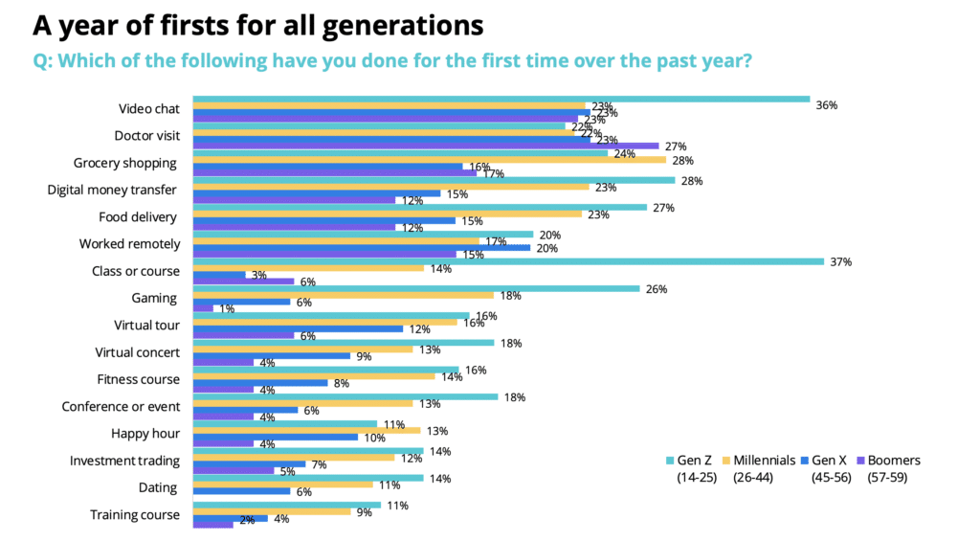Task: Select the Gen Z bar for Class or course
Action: (x=508, y=260)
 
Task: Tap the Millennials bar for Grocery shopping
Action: (x=430, y=160)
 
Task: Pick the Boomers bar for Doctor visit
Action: (x=426, y=147)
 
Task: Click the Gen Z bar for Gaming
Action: (x=416, y=287)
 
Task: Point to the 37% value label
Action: (x=841, y=262)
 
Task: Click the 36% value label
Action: (x=827, y=105)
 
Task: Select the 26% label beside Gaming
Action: (x=657, y=289)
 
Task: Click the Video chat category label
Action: (x=148, y=109)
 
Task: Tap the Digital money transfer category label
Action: (x=113, y=190)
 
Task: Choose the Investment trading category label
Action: (x=124, y=461)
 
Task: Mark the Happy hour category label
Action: (x=145, y=434)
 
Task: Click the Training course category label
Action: (x=135, y=515)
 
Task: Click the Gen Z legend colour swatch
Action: (x=669, y=461)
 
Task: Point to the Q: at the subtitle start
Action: (x=47, y=60)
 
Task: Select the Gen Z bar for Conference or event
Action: (x=345, y=395)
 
